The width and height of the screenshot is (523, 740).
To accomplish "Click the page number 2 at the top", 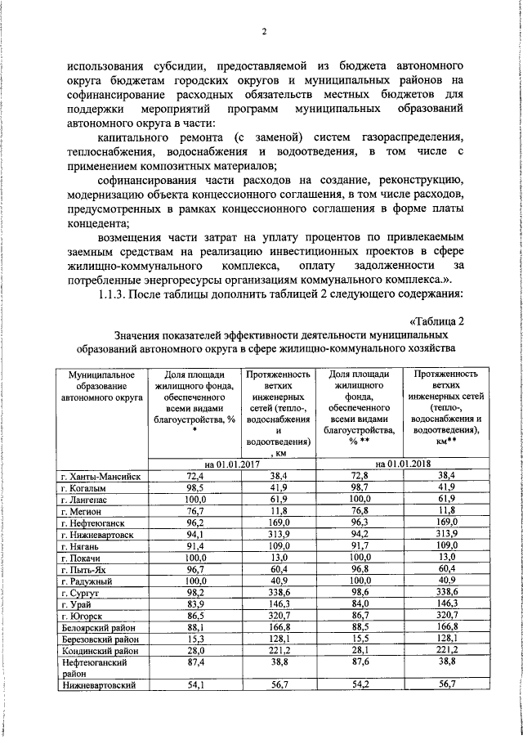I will coord(264,33).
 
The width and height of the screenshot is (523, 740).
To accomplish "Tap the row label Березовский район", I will coord(100,638).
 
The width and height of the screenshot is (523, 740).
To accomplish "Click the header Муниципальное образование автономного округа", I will coord(99,385).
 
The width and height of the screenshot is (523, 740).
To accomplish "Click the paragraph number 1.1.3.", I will coord(114,294).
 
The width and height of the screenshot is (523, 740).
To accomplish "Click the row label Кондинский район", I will coord(100,650).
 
